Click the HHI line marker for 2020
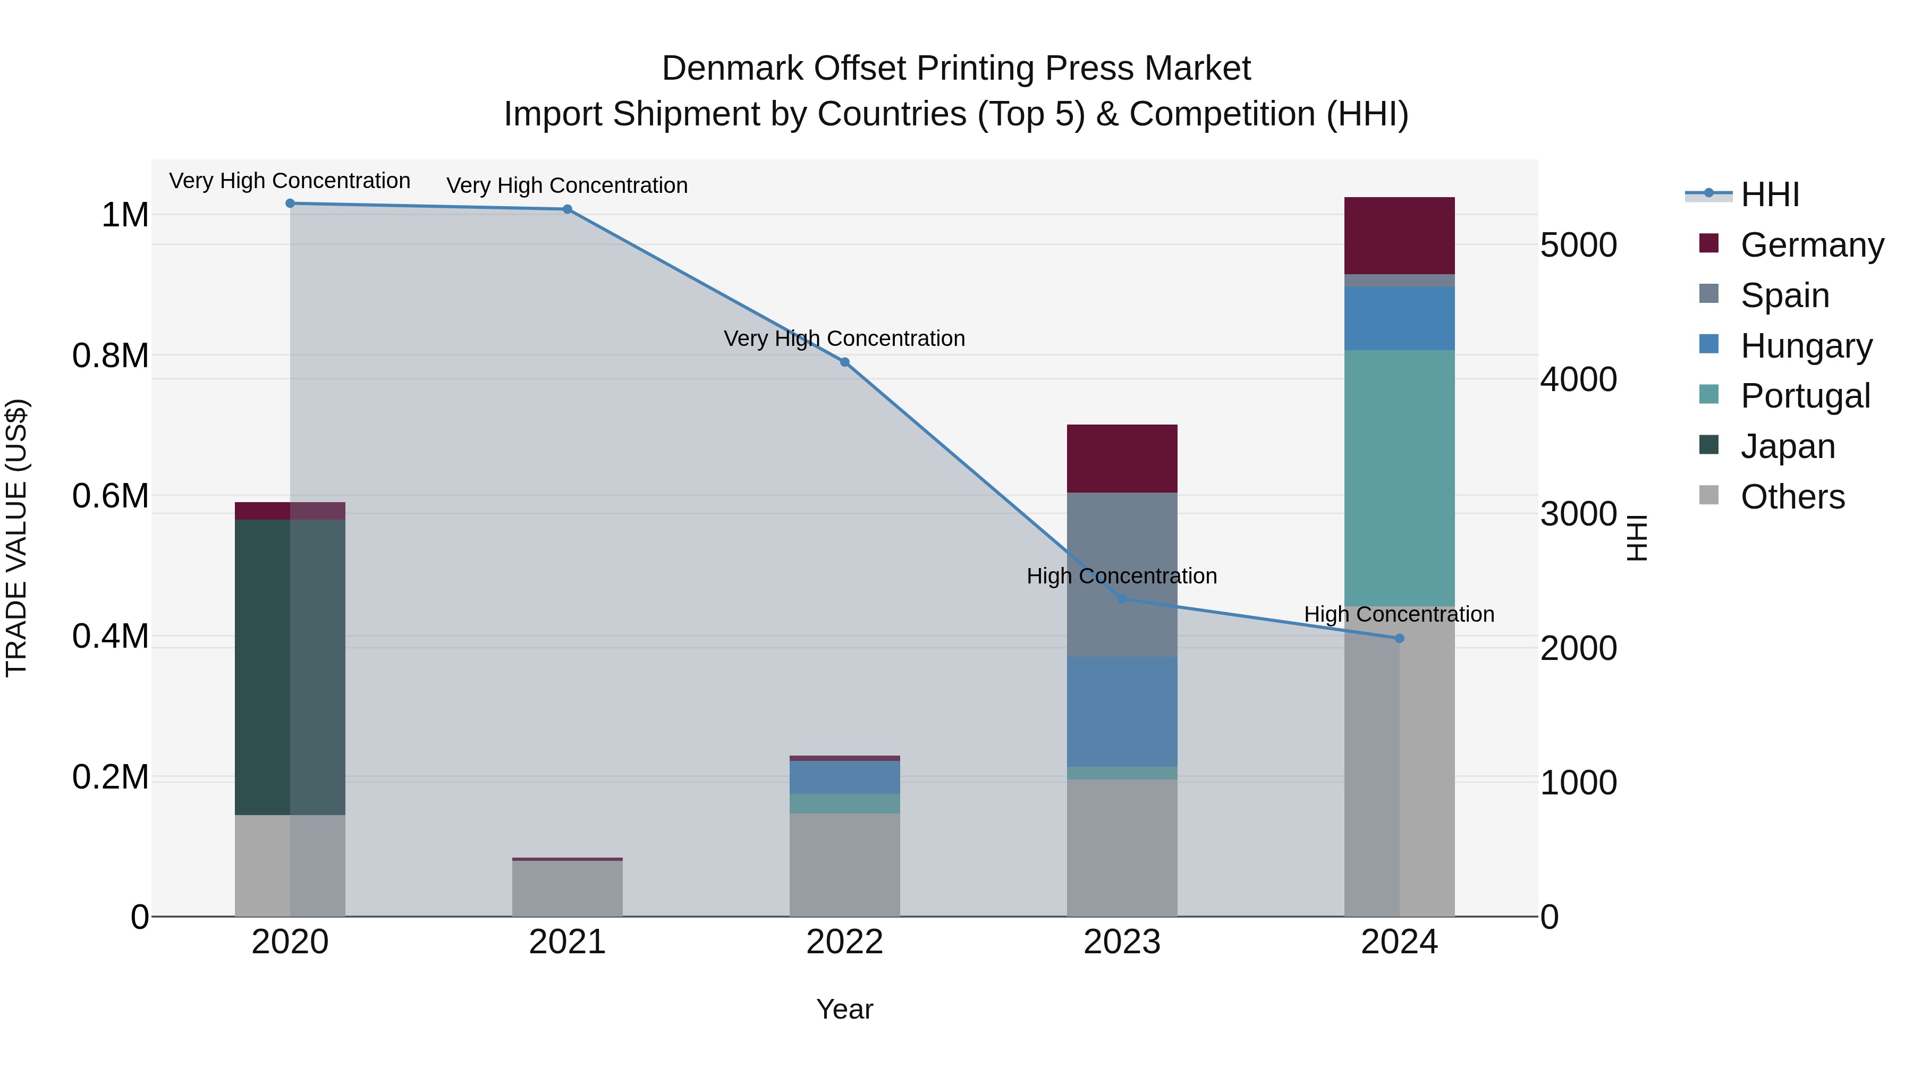click(290, 204)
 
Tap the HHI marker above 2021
click(568, 209)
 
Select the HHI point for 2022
click(844, 362)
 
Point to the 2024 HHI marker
click(1399, 639)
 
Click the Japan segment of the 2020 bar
click(290, 667)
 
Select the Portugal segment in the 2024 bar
click(1399, 478)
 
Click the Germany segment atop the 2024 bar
click(1399, 235)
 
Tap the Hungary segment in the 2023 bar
click(1121, 711)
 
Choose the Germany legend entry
click(1812, 245)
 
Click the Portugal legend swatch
click(1709, 395)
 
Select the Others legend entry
click(1792, 497)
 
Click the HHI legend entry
click(1770, 194)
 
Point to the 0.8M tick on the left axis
click(111, 355)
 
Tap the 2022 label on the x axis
click(844, 942)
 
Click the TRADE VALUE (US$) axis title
click(16, 538)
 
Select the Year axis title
click(844, 1009)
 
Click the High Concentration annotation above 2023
click(1121, 576)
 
